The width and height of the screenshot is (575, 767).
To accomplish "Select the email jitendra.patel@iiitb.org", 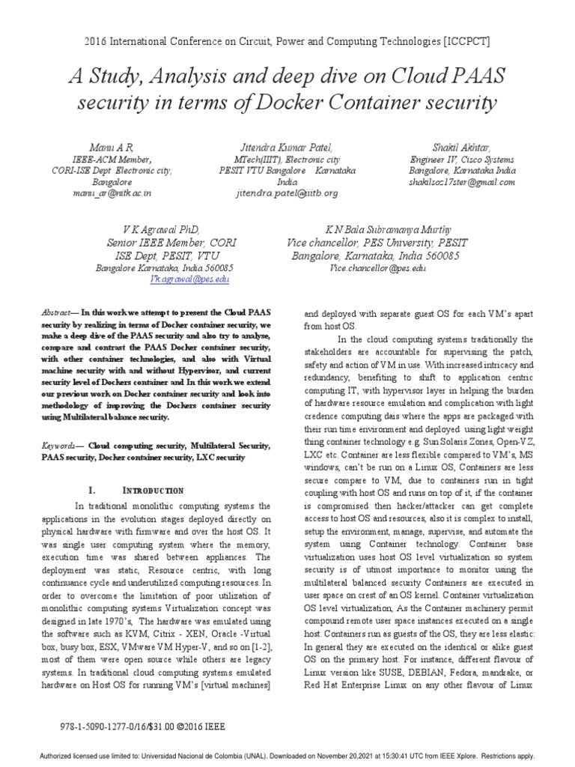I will tap(287, 192).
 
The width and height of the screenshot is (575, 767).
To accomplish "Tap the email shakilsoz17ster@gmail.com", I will tap(461, 182).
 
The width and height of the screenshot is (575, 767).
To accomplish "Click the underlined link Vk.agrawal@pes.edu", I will tap(189, 278).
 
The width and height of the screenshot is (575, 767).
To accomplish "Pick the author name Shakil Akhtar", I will tap(461, 148).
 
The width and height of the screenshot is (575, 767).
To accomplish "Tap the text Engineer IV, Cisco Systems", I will tap(461, 160).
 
